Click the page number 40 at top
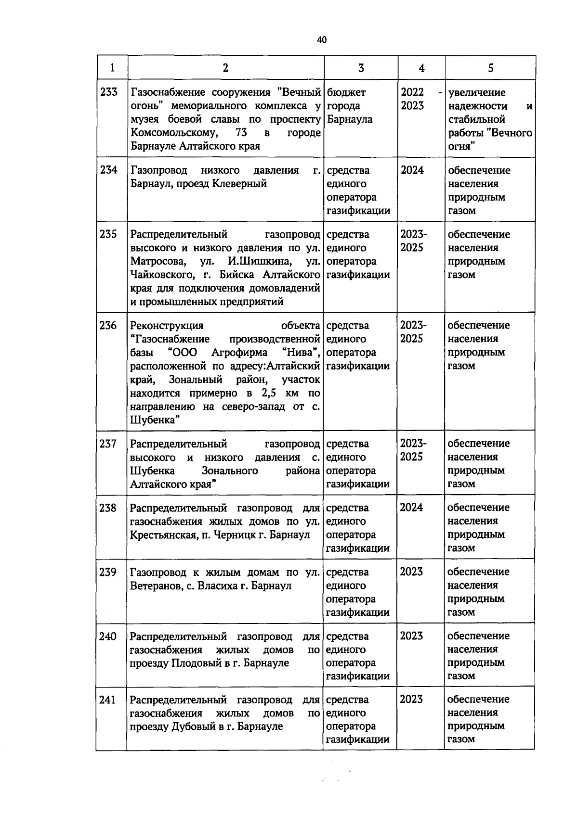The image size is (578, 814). pyautogui.click(x=322, y=40)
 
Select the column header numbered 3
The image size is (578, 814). pyautogui.click(x=361, y=68)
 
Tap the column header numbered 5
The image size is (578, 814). pyautogui.click(x=490, y=68)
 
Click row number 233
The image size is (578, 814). pyautogui.click(x=109, y=92)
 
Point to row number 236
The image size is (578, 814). pyautogui.click(x=108, y=326)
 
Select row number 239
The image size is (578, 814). pyautogui.click(x=108, y=572)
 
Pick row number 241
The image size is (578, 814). pyautogui.click(x=107, y=700)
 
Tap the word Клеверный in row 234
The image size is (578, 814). pyautogui.click(x=240, y=184)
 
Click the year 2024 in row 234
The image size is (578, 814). pyautogui.click(x=412, y=170)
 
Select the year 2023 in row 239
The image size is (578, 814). pyautogui.click(x=411, y=572)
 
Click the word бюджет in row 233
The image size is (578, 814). pyautogui.click(x=346, y=92)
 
